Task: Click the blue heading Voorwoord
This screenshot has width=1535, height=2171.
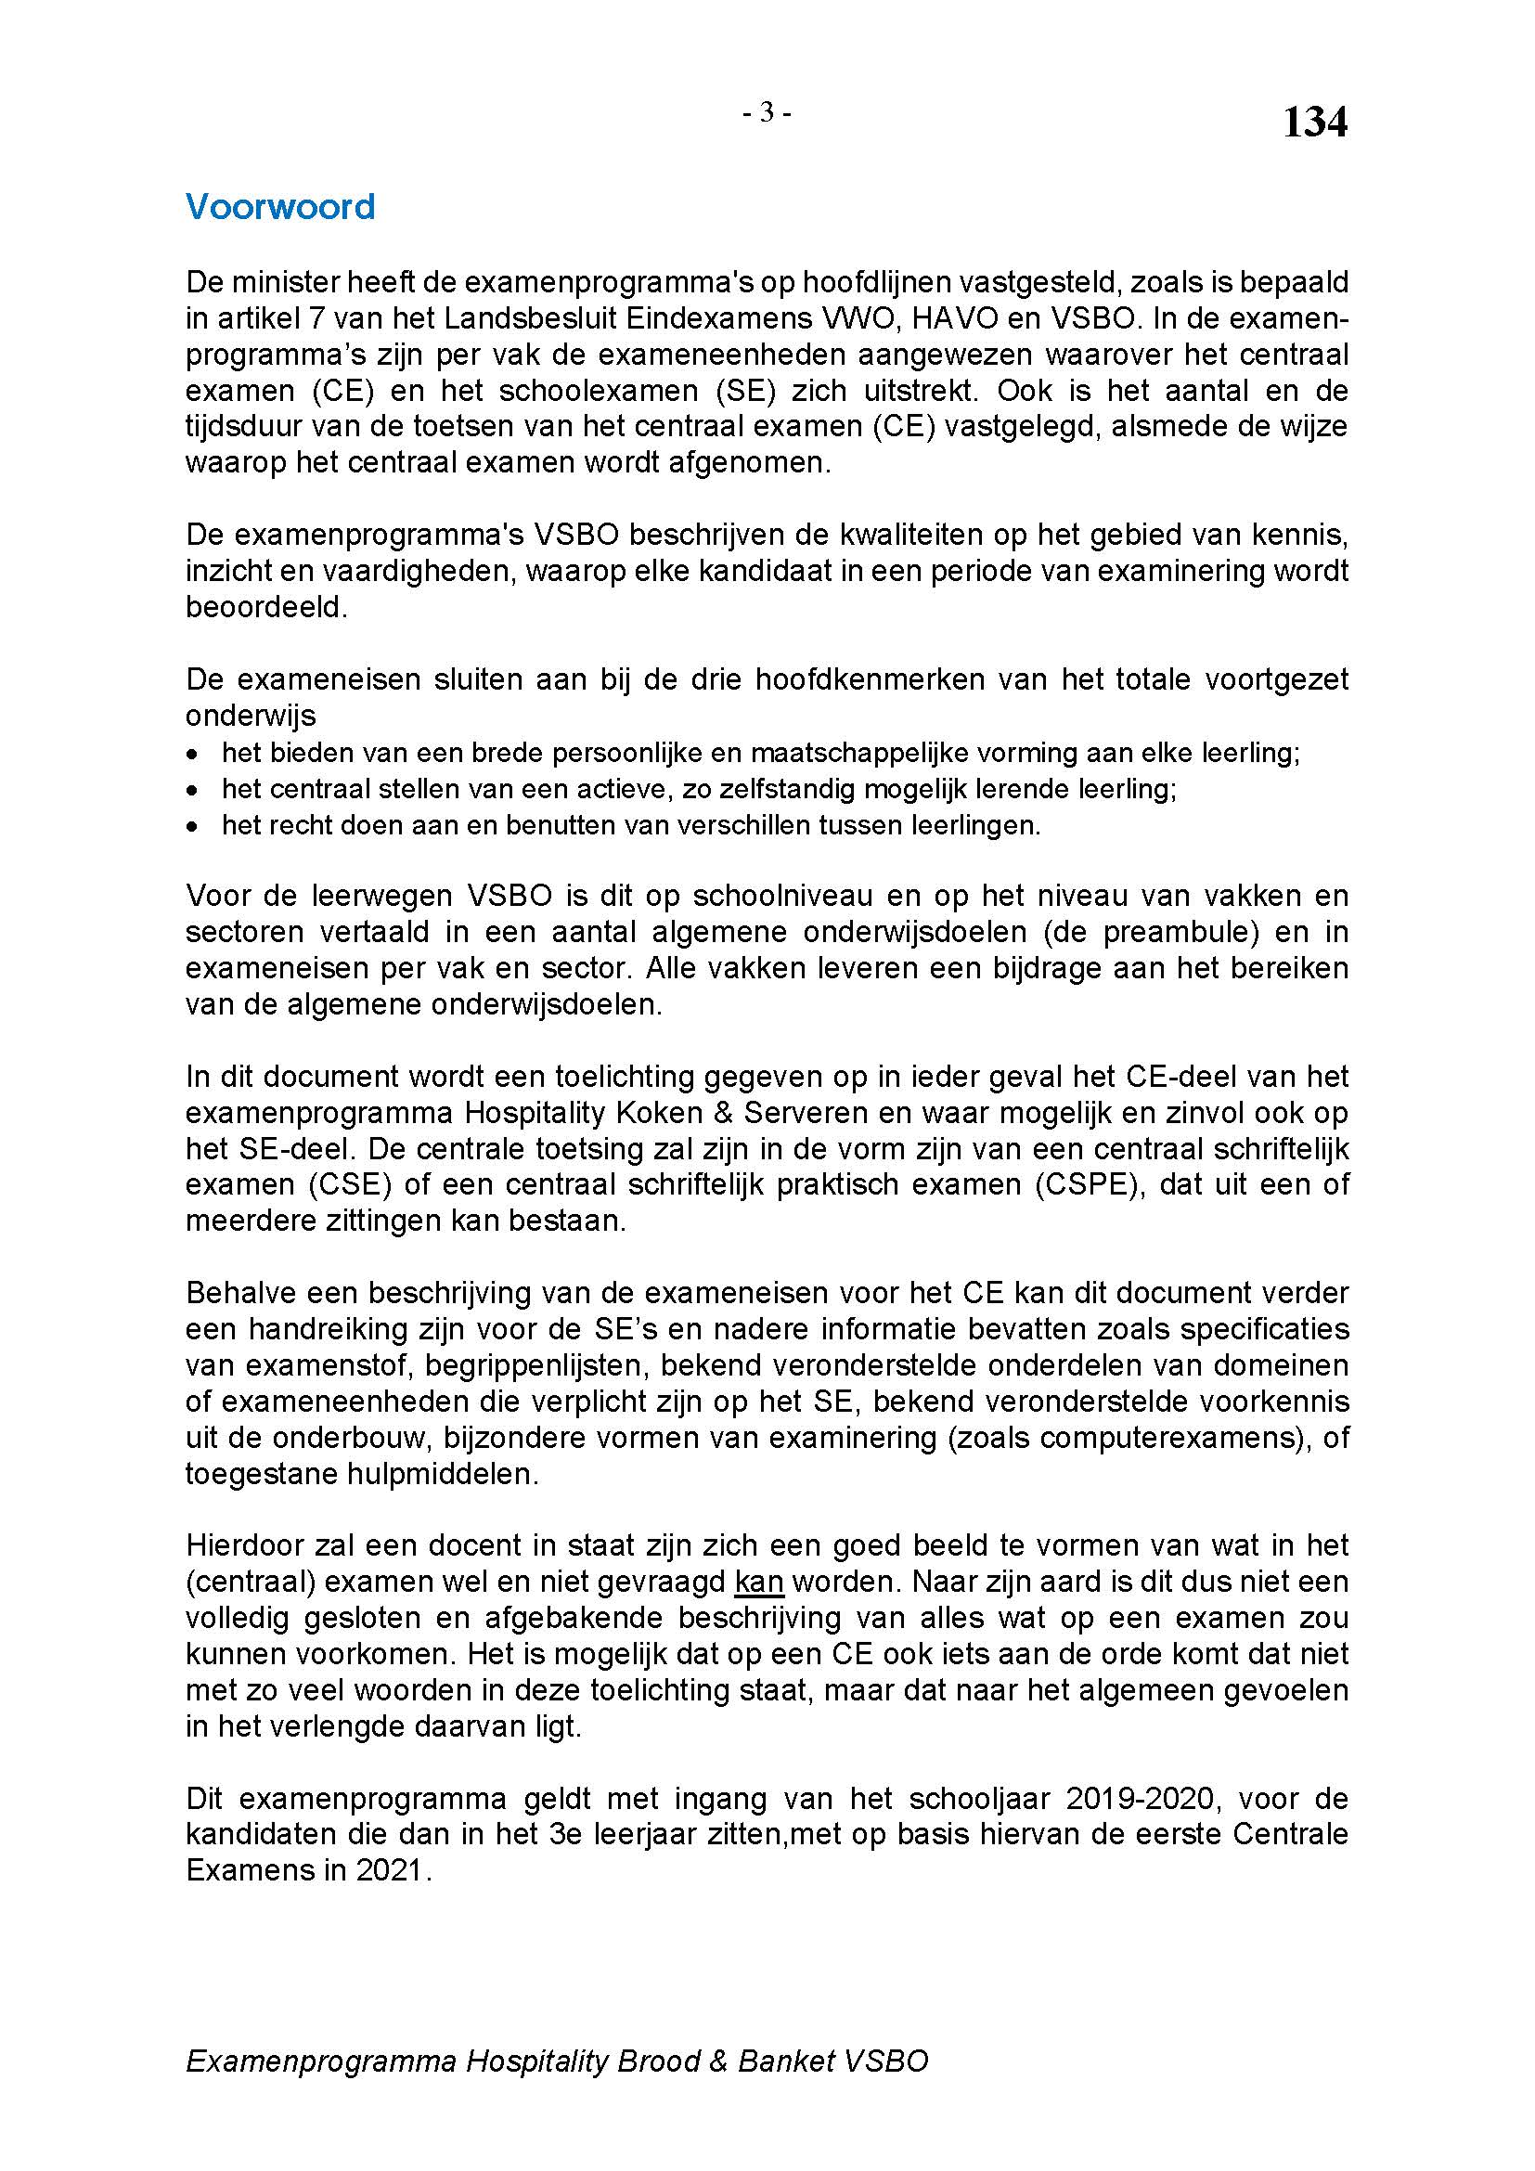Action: tap(279, 206)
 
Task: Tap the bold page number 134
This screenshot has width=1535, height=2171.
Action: tap(1315, 123)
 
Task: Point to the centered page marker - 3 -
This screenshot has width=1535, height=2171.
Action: tap(767, 113)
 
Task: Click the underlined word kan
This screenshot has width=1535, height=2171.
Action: tap(759, 1581)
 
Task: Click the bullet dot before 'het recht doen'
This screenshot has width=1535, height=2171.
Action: tap(193, 826)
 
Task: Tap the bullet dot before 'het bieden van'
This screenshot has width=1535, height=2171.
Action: tap(193, 755)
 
